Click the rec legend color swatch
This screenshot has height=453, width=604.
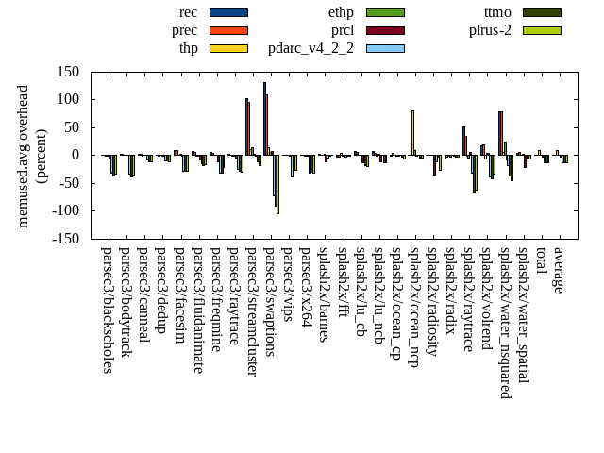point(228,12)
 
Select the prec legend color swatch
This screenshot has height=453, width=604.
point(228,30)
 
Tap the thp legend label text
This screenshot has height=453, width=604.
point(188,48)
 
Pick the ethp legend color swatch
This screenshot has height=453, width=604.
point(385,12)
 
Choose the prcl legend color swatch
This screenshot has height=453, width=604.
point(385,30)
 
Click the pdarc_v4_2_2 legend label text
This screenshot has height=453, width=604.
point(310,48)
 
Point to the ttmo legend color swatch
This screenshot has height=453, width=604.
point(542,12)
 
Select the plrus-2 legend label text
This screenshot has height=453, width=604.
point(490,30)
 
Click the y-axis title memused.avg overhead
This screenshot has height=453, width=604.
point(24,156)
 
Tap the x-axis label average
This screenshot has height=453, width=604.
point(559,271)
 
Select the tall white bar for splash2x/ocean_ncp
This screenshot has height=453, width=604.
point(412,132)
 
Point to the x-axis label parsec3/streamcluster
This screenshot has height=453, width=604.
point(252,312)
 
